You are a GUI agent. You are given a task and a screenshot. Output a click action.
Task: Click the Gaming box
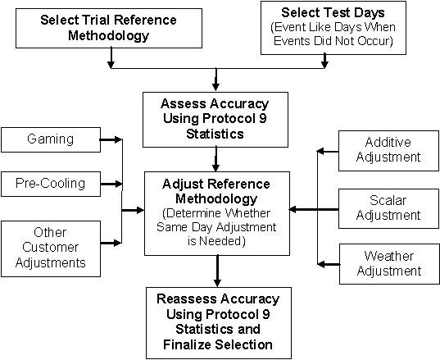51,140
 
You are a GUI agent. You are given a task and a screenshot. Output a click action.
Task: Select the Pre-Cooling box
51,184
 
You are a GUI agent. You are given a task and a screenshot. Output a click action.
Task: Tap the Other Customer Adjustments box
51,248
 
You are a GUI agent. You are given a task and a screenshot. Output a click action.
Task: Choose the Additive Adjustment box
389,151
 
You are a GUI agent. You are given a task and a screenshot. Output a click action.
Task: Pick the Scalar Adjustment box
389,208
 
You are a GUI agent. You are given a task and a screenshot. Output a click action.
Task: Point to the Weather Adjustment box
389,264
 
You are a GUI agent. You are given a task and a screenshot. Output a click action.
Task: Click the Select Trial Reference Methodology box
109,28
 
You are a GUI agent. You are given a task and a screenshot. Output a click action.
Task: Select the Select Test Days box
333,28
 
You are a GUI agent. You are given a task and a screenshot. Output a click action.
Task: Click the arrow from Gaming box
111,139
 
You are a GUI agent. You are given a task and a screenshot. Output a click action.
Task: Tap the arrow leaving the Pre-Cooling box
111,184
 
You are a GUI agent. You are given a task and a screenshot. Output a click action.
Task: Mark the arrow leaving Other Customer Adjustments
111,243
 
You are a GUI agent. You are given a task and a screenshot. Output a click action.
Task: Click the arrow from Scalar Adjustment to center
314,209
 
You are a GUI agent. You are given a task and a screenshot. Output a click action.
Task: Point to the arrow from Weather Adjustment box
329,264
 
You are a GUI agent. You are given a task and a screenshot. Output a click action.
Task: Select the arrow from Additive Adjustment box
328,152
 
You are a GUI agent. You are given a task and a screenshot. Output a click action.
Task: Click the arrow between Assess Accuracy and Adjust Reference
215,159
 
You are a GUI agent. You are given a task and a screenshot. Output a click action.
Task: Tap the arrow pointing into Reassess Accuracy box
217,271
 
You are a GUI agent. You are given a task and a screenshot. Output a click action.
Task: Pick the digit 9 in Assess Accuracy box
262,118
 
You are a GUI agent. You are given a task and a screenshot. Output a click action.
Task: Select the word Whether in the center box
248,213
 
